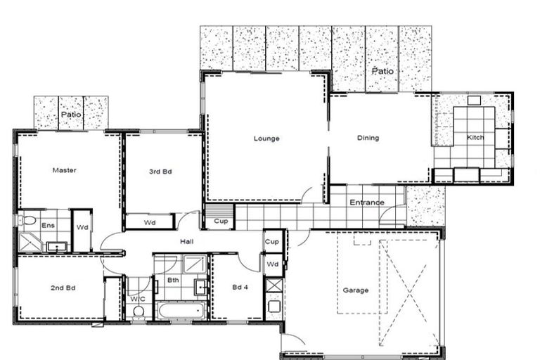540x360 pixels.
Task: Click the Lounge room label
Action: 266,139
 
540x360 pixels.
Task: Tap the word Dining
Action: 368,138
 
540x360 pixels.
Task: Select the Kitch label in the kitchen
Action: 475,137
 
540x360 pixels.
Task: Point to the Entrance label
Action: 367,202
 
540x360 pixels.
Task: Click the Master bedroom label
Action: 64,170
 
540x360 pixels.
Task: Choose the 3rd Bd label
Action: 158,171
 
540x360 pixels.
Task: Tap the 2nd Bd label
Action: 63,288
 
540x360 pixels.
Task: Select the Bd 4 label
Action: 240,287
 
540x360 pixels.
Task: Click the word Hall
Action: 186,242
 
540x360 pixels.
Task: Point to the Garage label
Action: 355,290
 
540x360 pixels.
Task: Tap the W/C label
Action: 137,298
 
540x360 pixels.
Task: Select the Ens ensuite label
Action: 48,225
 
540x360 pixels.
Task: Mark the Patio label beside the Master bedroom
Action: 70,114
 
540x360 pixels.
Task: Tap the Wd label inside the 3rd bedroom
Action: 150,223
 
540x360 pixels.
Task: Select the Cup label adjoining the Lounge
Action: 219,222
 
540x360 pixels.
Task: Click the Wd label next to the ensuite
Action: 82,227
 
